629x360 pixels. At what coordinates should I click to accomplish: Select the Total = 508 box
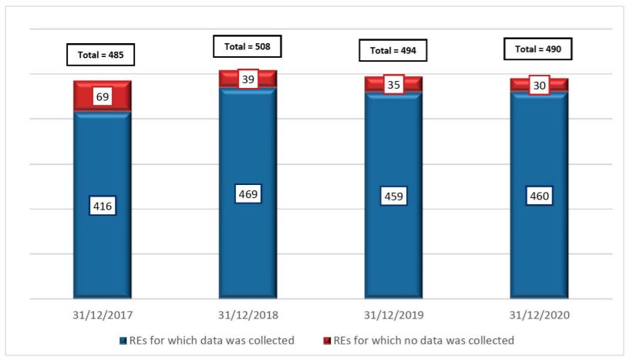pos(247,46)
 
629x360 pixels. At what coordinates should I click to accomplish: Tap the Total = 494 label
pos(393,51)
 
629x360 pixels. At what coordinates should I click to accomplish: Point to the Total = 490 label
pos(539,49)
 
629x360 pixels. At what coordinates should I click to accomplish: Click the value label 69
pos(102,96)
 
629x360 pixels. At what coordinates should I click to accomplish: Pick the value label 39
pos(247,79)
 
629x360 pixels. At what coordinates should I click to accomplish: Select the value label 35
pos(393,85)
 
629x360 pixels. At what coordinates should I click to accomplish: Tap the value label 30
pos(539,86)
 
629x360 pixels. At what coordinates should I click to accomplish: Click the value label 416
pos(102,206)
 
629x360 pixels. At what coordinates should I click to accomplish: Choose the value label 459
pos(393,197)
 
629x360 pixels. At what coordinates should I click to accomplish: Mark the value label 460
pos(539,196)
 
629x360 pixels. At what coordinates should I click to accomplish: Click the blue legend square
pos(123,340)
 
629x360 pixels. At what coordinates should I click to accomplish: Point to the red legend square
pos(326,340)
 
